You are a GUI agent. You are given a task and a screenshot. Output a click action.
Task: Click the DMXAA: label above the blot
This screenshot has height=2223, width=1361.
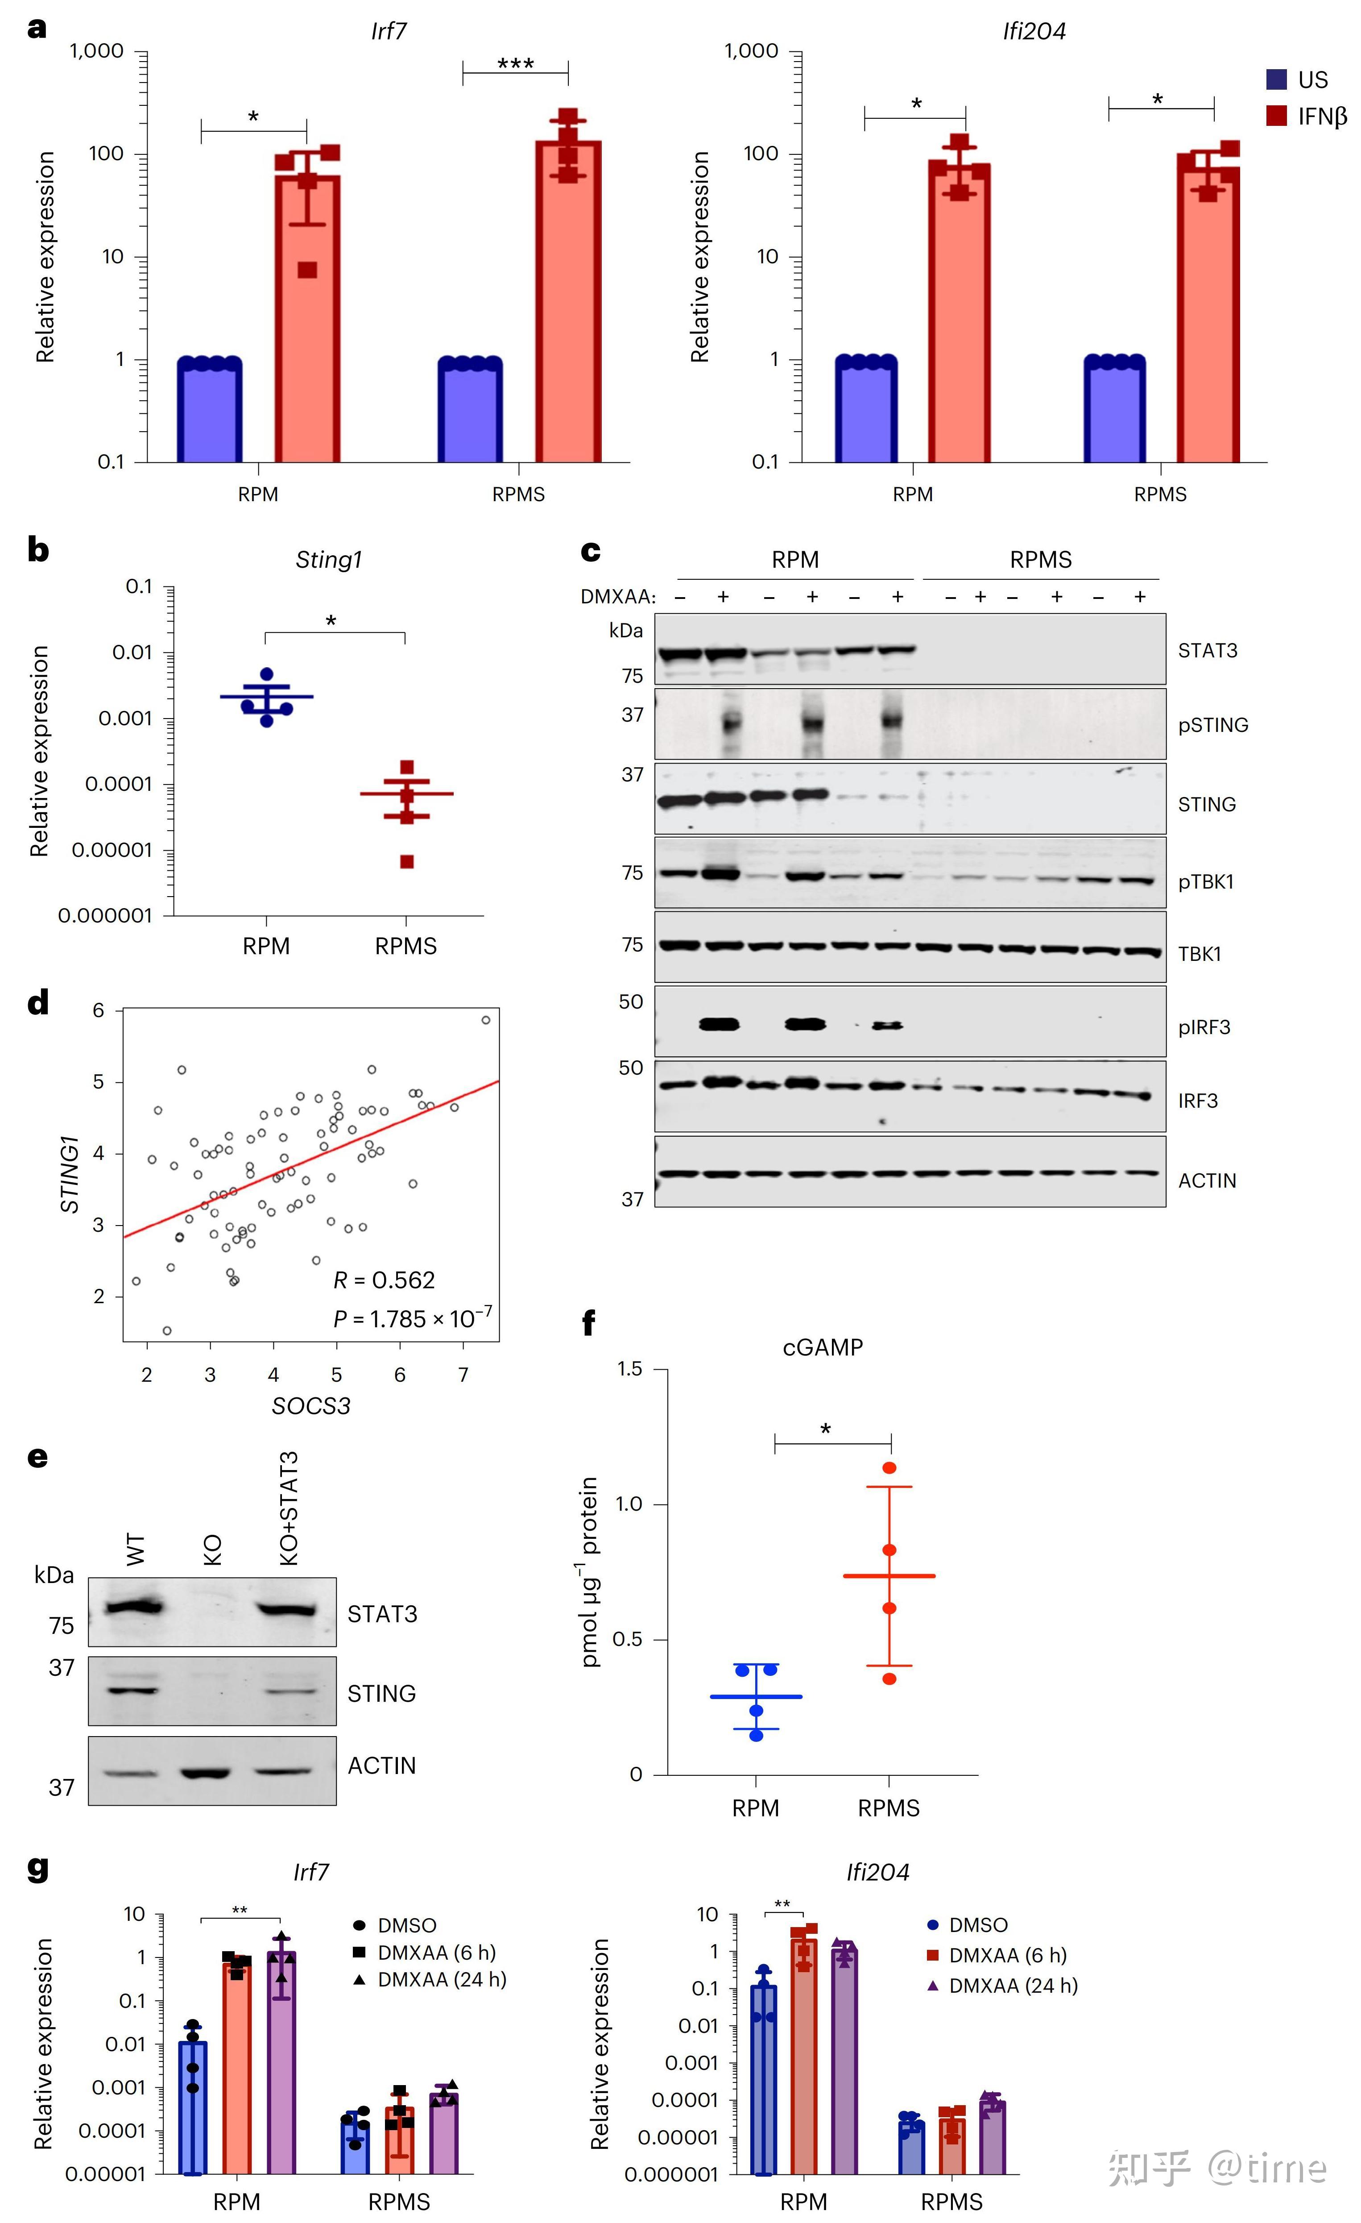click(x=618, y=596)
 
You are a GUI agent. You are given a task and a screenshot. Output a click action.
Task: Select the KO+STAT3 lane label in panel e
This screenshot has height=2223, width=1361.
click(x=289, y=1508)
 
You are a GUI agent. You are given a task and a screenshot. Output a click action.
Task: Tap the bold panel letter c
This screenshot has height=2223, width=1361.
click(x=591, y=550)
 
